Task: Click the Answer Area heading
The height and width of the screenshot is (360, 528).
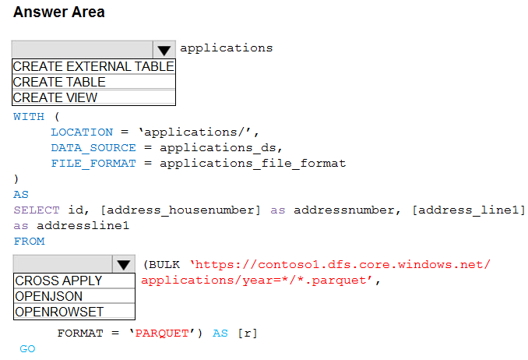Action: coord(59,12)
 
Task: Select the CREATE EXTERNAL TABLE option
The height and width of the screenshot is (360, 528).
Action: coord(93,66)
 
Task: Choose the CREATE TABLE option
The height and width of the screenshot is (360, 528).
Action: coord(59,82)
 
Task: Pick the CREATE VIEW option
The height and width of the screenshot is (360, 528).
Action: coord(55,97)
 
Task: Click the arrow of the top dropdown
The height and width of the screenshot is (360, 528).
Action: coord(164,50)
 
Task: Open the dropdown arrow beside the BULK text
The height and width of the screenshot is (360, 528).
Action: coord(124,264)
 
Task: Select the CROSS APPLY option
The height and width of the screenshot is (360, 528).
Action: coord(58,281)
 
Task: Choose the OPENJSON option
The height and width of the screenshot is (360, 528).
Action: coord(49,296)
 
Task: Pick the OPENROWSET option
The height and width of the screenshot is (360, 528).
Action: coord(59,312)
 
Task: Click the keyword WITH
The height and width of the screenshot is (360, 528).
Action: coord(29,117)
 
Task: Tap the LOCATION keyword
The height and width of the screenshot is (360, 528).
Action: coord(82,132)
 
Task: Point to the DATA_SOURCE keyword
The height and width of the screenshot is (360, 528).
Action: coord(93,148)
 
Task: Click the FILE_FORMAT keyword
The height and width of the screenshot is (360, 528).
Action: coord(93,164)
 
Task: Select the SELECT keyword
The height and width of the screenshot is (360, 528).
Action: coord(37,210)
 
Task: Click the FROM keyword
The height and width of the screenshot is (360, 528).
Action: coord(29,242)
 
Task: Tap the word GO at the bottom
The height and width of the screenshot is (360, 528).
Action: coord(27,348)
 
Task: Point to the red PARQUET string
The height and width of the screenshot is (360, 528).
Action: coord(162,334)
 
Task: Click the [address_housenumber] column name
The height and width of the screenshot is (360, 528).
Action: coord(181,210)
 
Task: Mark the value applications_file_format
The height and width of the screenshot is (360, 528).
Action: coord(253,164)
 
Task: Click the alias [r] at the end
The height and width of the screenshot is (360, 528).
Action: coord(248,334)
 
